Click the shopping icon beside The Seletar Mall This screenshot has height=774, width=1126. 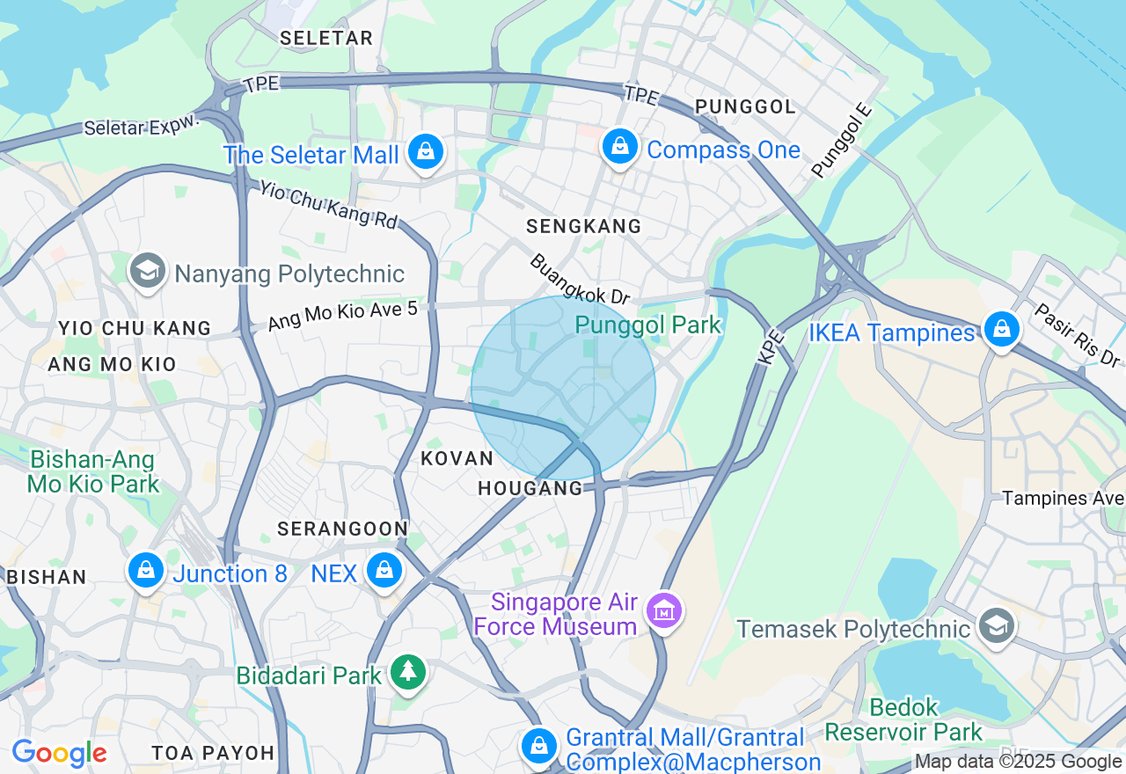click(x=426, y=152)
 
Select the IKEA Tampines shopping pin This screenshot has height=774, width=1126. click(x=1001, y=330)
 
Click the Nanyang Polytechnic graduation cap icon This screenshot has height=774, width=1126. click(x=148, y=271)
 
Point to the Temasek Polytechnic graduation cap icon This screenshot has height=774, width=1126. click(x=996, y=626)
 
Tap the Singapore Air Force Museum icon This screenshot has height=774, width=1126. click(x=664, y=609)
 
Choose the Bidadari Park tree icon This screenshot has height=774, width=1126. click(x=407, y=673)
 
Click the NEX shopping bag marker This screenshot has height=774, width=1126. click(x=384, y=571)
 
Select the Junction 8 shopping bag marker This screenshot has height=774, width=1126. click(x=146, y=571)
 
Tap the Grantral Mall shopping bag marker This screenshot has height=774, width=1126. click(x=538, y=747)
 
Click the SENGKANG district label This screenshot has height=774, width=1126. click(x=584, y=227)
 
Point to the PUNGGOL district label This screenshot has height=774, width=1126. click(x=745, y=106)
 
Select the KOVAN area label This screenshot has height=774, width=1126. click(x=457, y=458)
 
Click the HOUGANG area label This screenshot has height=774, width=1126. click(x=530, y=488)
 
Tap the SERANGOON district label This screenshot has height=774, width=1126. click(x=342, y=529)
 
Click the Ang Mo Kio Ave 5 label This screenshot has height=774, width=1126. click(x=342, y=315)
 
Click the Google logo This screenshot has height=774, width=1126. click(x=59, y=754)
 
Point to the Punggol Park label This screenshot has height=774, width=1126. click(x=647, y=325)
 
